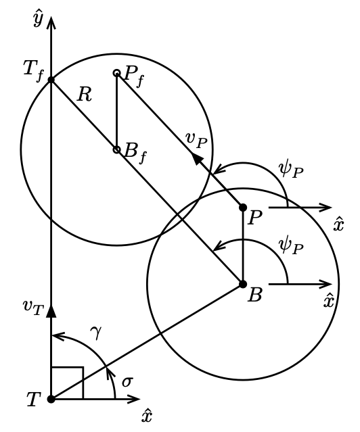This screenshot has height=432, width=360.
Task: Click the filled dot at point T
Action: click(51, 399)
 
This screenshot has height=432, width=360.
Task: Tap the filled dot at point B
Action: click(243, 284)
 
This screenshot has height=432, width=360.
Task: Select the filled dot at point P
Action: click(243, 208)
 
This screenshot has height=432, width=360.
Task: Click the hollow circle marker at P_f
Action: click(116, 73)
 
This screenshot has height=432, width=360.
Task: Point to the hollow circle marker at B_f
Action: click(116, 149)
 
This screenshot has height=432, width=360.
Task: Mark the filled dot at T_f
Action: click(51, 80)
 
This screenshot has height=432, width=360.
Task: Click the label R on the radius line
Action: click(84, 95)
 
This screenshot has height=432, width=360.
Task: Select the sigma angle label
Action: click(127, 382)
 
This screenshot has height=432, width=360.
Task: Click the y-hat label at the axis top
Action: click(38, 20)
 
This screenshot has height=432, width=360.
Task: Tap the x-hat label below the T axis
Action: click(147, 416)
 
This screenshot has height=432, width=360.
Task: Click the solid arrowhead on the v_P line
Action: click(197, 159)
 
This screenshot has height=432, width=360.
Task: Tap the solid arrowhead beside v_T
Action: click(51, 312)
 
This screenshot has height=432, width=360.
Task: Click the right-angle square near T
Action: click(67, 367)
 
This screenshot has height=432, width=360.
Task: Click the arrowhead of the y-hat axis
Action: click(51, 22)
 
